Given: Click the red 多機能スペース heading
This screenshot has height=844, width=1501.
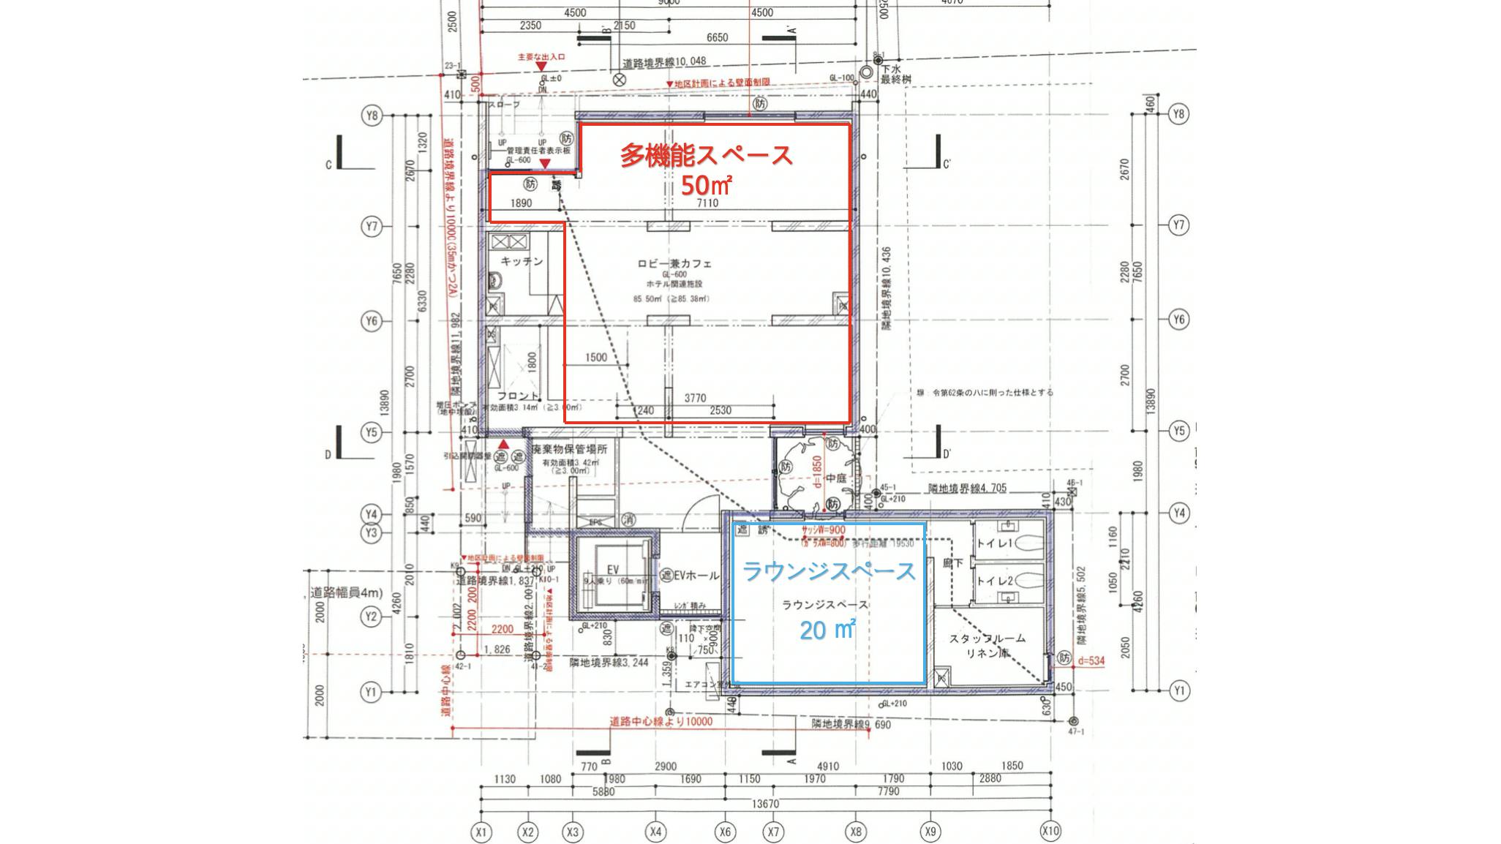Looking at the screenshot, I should [x=707, y=155].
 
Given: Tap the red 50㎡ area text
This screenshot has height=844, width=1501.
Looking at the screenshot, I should [x=706, y=186].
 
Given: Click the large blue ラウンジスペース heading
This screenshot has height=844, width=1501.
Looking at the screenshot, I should [x=829, y=571].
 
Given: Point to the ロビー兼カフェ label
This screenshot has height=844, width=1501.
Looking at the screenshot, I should [x=674, y=263].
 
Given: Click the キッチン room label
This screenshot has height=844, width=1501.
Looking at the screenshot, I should [x=522, y=261].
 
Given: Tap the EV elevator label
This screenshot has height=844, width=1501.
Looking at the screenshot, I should [x=612, y=570].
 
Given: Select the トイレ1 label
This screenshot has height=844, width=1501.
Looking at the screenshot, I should [x=994, y=543].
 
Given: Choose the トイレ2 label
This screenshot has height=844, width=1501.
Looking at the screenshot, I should [x=994, y=581].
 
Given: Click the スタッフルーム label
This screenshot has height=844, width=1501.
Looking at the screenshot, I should [x=987, y=638].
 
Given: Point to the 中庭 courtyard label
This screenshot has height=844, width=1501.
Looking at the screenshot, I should [x=835, y=478].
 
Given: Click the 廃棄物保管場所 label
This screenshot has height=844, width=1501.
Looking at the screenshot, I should [x=569, y=449].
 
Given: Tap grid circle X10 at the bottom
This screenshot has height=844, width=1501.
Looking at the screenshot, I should [x=1050, y=831].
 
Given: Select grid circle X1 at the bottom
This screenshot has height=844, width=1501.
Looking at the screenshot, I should [x=481, y=832].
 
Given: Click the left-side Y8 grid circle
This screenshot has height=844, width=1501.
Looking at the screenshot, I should [x=372, y=116].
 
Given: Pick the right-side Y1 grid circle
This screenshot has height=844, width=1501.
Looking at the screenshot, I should [x=1178, y=690].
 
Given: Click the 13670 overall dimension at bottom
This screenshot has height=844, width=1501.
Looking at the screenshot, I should [x=765, y=804].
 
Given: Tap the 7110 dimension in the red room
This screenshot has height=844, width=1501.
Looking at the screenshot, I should [x=707, y=203].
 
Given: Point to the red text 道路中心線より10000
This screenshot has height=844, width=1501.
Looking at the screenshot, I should [x=661, y=721].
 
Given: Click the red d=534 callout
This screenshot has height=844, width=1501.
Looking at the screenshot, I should [x=1091, y=660].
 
